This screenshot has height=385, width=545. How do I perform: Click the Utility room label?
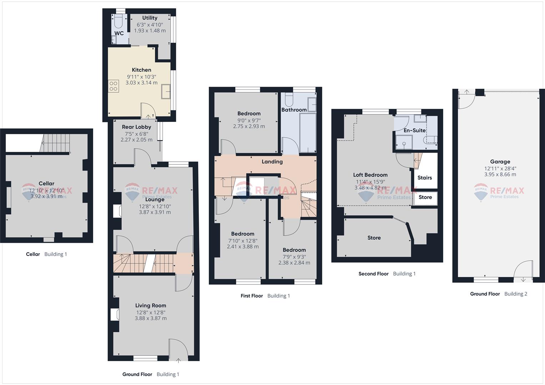[150, 18]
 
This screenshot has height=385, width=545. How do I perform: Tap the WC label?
[119, 33]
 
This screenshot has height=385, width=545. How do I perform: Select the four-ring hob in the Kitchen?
[113, 86]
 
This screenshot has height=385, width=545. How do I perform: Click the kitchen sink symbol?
[166, 91]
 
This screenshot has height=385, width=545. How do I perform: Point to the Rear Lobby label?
[136, 127]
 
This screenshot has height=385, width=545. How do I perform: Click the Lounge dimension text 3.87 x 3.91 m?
[155, 212]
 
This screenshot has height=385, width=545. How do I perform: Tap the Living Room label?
[150, 306]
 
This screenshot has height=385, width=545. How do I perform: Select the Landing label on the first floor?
[272, 161]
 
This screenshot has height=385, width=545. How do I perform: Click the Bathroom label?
[294, 110]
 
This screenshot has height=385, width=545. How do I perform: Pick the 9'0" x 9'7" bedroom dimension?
[249, 120]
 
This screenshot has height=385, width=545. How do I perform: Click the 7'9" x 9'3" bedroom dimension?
[294, 257]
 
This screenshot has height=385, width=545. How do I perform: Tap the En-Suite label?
[414, 130]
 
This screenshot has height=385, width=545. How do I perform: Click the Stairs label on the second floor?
[424, 178]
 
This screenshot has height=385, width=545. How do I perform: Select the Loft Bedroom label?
[370, 175]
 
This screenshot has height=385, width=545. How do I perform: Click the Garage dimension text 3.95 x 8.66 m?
[500, 174]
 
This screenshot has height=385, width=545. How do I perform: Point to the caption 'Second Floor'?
[373, 274]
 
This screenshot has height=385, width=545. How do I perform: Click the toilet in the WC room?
[118, 21]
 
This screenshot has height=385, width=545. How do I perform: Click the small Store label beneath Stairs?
[425, 197]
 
